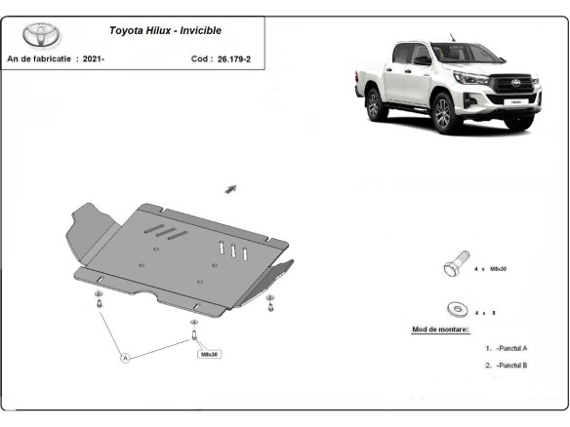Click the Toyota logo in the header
click(x=41, y=36)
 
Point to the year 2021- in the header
click(x=94, y=58)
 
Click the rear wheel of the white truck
click(x=377, y=103)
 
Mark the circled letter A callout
click(x=125, y=359)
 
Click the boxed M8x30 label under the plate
click(x=210, y=355)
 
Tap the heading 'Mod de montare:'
click(x=439, y=330)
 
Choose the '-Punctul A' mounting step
click(x=511, y=347)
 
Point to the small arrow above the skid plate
click(x=232, y=187)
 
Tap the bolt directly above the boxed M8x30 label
click(x=194, y=336)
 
